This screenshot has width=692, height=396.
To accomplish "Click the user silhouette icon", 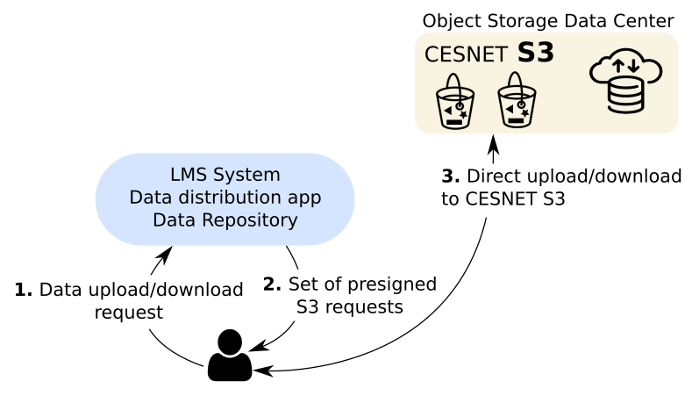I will pyautogui.click(x=229, y=356).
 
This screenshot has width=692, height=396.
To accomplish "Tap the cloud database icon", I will pyautogui.click(x=625, y=83).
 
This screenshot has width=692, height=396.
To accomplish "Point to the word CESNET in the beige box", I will pyautogui.click(x=466, y=54).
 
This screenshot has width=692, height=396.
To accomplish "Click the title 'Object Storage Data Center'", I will pyautogui.click(x=547, y=19).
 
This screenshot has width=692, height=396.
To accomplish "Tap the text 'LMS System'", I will pyautogui.click(x=225, y=174).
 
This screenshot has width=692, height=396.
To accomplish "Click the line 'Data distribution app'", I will pyautogui.click(x=225, y=197).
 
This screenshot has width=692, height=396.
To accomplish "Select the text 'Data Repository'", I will pyautogui.click(x=225, y=220).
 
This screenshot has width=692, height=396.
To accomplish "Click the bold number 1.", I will pyautogui.click(x=24, y=290).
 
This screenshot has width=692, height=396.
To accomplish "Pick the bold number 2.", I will pyautogui.click(x=273, y=284).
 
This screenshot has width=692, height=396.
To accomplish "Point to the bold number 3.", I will pyautogui.click(x=450, y=176).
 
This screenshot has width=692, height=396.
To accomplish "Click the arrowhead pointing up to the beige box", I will pyautogui.click(x=494, y=143).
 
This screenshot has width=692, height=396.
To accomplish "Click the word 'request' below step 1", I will pyautogui.click(x=129, y=313).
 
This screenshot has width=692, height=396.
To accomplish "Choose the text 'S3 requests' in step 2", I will pyautogui.click(x=349, y=307).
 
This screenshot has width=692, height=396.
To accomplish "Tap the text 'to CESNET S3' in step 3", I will pyautogui.click(x=503, y=199).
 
